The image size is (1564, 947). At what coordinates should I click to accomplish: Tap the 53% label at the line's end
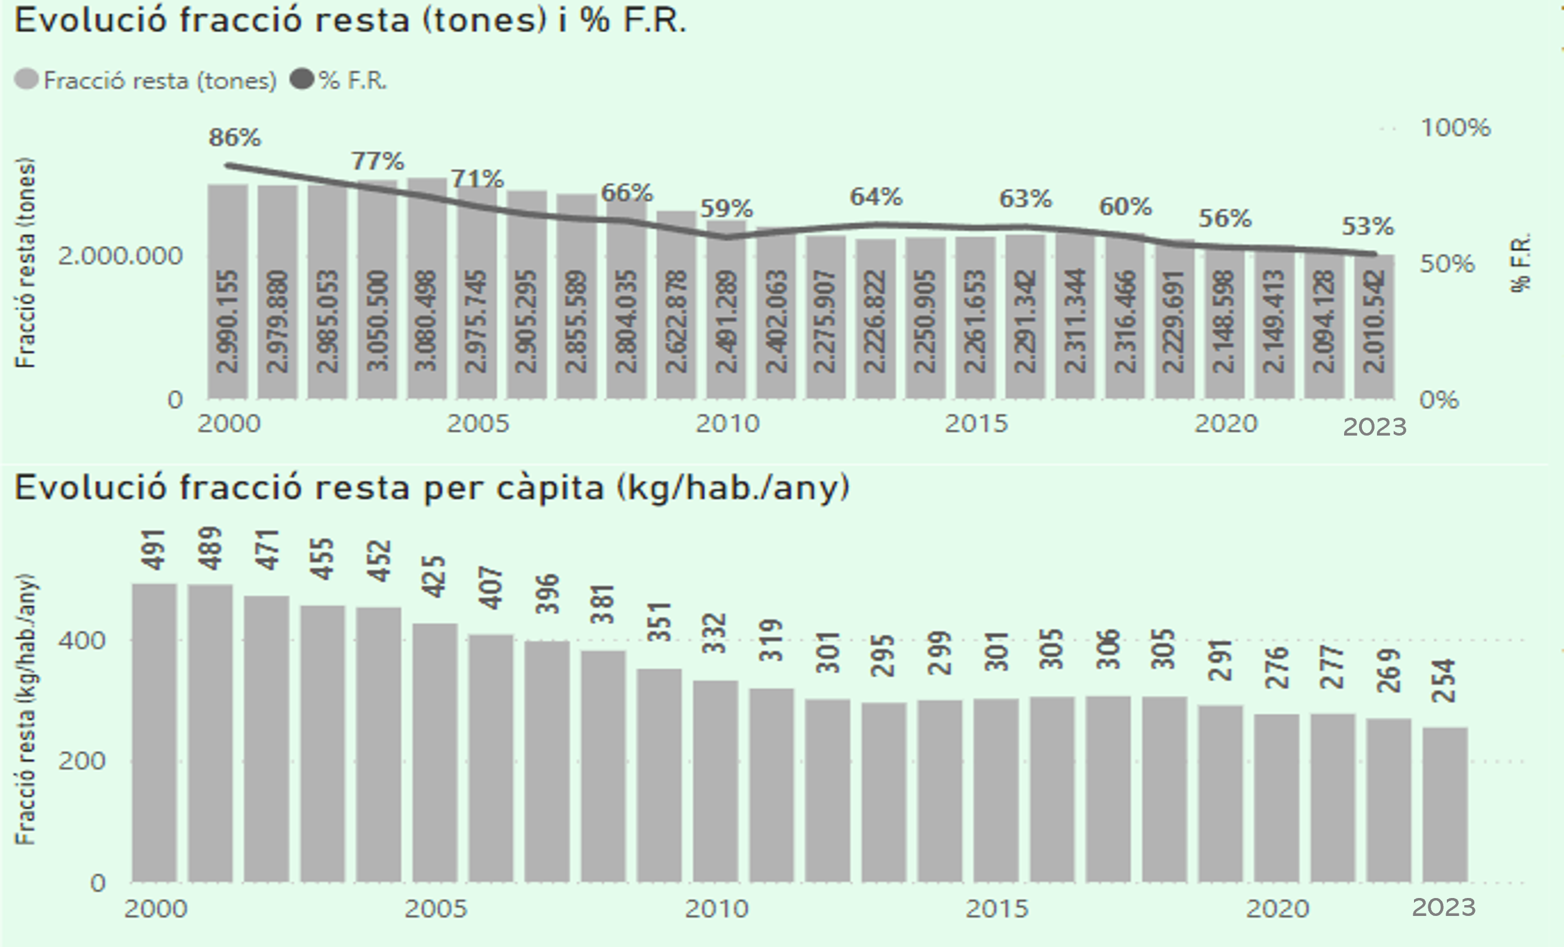point(1367,226)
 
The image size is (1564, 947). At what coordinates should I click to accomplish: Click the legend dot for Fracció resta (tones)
point(27,80)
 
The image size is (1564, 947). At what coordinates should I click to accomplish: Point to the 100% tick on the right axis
point(1455,128)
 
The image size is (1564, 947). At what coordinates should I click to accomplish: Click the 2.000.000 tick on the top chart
point(120,256)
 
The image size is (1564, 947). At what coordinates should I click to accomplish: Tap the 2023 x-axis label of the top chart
point(1374,427)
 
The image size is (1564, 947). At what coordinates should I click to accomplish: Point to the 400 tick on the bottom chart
point(82,640)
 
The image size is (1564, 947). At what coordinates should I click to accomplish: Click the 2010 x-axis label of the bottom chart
point(717,909)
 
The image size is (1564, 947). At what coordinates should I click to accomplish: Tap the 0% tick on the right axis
point(1440,400)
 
